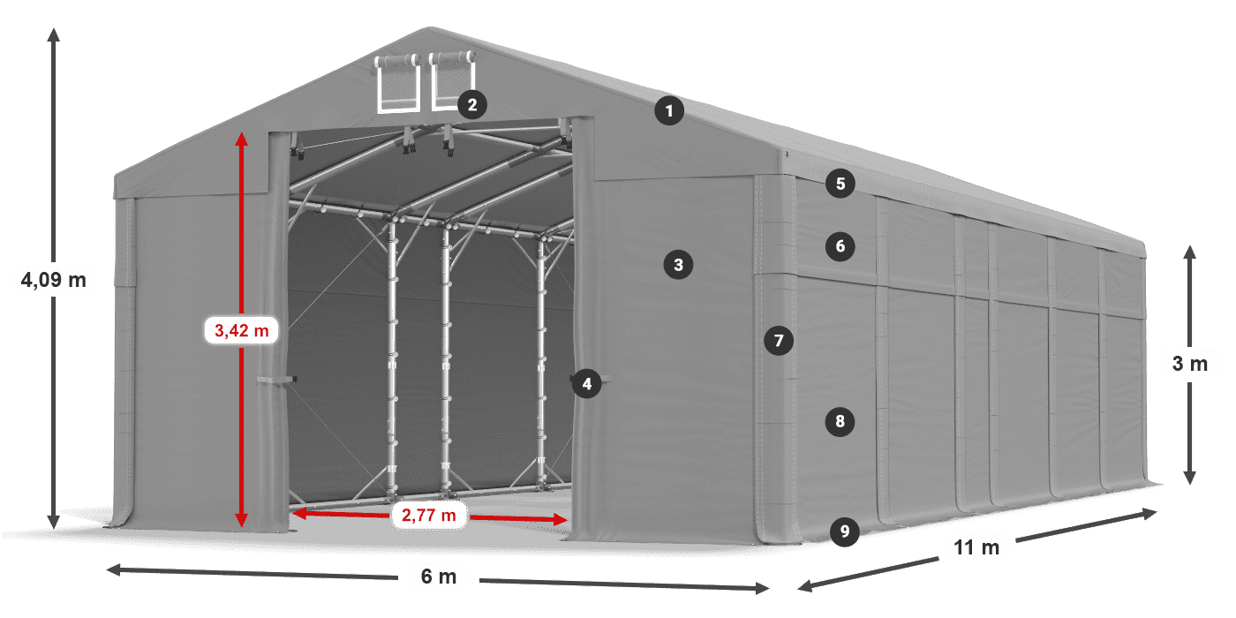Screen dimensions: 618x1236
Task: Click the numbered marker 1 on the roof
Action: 669,111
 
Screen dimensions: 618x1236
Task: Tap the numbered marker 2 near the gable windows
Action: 471,105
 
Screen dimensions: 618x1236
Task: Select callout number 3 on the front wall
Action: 678,264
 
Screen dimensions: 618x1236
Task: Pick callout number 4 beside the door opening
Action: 586,383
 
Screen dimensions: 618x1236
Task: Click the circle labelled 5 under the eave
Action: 840,184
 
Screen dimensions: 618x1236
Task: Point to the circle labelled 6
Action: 840,246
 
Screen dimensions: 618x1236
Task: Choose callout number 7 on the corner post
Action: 778,340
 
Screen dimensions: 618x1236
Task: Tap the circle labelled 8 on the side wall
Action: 840,422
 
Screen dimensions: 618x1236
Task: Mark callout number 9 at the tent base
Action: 845,531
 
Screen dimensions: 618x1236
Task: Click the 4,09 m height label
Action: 53,281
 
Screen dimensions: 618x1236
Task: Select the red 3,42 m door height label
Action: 241,331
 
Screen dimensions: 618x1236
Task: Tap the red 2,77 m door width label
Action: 429,515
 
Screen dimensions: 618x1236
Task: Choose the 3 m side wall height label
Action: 1190,364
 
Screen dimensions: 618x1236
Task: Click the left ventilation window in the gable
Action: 398,84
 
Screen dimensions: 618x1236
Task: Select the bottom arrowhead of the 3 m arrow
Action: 1190,479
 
